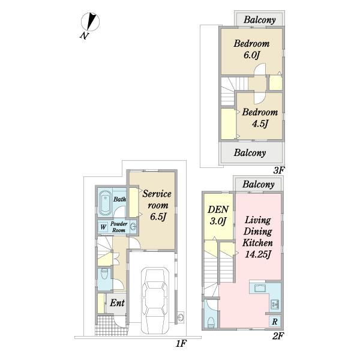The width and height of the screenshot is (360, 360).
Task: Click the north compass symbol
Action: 90,22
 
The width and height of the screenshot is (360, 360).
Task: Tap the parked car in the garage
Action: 155,301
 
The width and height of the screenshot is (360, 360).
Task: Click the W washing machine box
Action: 103,227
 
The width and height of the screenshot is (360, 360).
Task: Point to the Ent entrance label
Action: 117,303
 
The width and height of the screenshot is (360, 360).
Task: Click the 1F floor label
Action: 181,343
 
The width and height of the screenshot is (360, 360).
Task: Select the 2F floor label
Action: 278,336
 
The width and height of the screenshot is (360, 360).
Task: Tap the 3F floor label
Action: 279,170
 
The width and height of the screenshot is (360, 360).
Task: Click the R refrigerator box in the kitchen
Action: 275,322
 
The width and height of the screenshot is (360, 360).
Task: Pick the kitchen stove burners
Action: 275,304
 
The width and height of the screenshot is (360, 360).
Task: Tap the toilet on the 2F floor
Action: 211,322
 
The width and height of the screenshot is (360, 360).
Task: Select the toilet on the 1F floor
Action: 104,274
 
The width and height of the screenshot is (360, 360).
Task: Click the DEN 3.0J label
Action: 218,215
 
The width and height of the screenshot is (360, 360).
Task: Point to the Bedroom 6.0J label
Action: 251,49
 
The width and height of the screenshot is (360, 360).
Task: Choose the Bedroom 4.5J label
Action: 260,118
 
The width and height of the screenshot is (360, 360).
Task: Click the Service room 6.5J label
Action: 157,205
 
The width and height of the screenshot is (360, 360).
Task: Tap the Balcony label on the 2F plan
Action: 259,184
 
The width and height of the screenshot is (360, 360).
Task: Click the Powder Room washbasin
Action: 133,227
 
